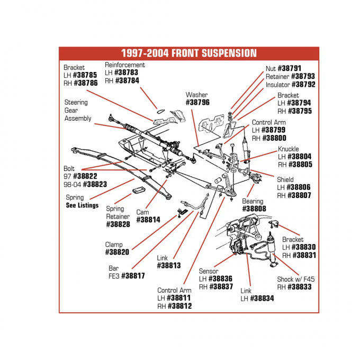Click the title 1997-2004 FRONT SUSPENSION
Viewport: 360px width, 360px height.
(x=188, y=53)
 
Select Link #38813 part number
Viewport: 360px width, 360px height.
(x=168, y=266)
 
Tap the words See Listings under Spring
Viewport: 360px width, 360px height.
(x=82, y=205)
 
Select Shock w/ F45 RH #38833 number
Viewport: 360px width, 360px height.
(x=299, y=287)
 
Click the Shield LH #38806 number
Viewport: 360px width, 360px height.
(x=299, y=187)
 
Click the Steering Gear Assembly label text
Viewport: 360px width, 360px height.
(x=77, y=111)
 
